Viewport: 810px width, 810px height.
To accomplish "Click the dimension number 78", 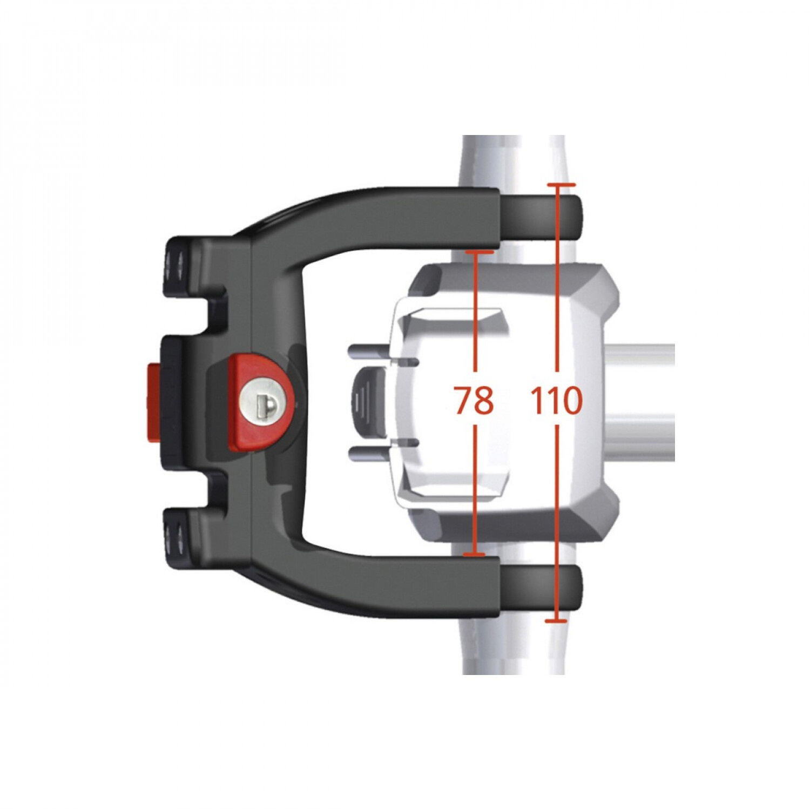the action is [474, 400].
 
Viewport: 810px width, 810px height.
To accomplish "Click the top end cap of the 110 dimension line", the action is [558, 185].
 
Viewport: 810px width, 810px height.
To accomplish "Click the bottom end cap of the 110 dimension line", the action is [556, 621].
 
